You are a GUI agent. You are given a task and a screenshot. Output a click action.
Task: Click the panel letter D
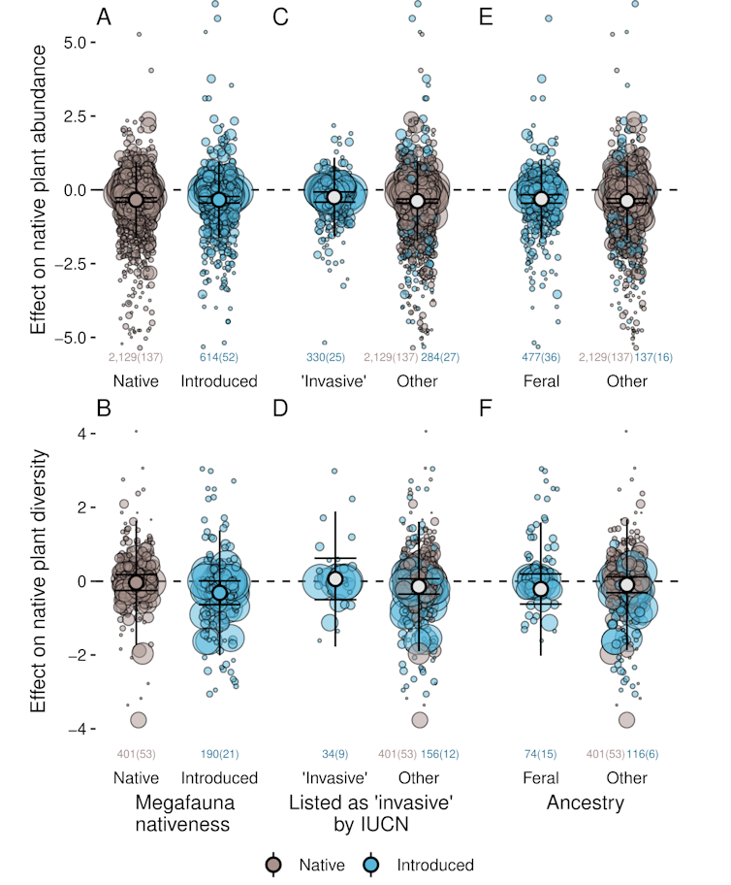pyautogui.click(x=281, y=409)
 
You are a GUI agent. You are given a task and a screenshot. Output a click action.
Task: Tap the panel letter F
pyautogui.click(x=487, y=409)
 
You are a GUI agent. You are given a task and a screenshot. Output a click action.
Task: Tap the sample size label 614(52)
pyautogui.click(x=219, y=357)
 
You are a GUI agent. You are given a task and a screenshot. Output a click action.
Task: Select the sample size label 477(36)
pyautogui.click(x=541, y=357)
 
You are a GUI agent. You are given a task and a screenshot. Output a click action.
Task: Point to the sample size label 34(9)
pyautogui.click(x=334, y=753)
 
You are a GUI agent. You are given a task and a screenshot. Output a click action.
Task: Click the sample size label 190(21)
pyautogui.click(x=219, y=753)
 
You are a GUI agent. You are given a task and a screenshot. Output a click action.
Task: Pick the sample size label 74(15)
pyautogui.click(x=541, y=753)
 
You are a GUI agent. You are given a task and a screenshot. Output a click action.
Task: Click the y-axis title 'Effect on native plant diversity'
pyautogui.click(x=39, y=580)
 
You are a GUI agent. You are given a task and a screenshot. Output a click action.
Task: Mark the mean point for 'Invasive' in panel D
pyautogui.click(x=335, y=578)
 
